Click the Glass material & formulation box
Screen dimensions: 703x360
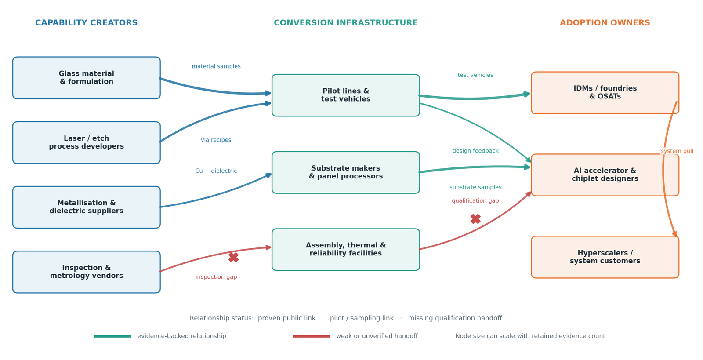[86, 78]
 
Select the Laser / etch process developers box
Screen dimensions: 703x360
[86, 142]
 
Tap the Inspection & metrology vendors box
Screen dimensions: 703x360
[86, 272]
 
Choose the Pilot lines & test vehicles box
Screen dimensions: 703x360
[345, 95]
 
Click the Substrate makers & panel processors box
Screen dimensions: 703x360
[345, 172]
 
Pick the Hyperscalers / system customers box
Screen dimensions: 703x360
[605, 257]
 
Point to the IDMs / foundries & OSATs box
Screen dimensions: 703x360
[605, 93]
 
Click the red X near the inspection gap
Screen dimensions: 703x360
[233, 257]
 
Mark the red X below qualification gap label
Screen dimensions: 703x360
[475, 219]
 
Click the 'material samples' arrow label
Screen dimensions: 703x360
[216, 66]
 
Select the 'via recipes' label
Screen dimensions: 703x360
[216, 140]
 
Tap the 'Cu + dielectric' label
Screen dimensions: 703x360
[216, 171]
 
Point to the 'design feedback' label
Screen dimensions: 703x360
[475, 151]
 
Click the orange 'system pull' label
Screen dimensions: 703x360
[677, 151]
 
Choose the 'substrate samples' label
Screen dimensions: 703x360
[475, 187]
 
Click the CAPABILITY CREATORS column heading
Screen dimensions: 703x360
[86, 22]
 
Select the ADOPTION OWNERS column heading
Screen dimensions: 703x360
[605, 22]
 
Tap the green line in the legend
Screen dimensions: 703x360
[112, 336]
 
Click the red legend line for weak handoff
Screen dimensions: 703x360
[311, 336]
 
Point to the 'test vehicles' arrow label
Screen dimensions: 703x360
[475, 75]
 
